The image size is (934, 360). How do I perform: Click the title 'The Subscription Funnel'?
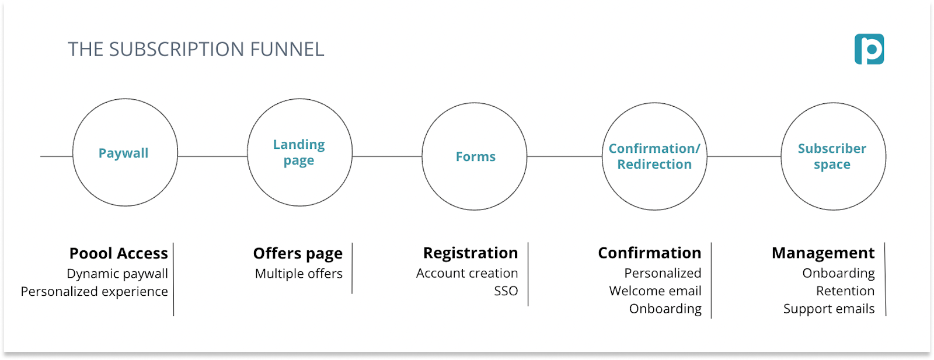[196, 50]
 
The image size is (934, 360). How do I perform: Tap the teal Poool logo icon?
[869, 49]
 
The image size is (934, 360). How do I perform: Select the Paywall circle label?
[123, 153]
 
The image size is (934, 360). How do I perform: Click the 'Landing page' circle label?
[299, 152]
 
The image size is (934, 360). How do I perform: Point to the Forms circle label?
[475, 156]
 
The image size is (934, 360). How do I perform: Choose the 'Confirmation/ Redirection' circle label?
[654, 156]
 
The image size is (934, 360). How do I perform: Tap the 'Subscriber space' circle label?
[832, 156]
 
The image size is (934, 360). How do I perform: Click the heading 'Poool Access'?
[119, 253]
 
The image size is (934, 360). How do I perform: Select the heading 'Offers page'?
[298, 253]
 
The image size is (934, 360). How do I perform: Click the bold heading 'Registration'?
[470, 253]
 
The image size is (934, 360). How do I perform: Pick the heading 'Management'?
[823, 253]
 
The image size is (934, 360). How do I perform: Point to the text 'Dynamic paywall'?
[117, 274]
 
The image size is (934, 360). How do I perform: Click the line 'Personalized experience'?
[95, 291]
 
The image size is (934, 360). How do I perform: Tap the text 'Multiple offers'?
[299, 274]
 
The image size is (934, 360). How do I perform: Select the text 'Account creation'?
[467, 273]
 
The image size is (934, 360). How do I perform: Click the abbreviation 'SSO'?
[506, 291]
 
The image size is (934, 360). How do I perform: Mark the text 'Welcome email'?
[655, 291]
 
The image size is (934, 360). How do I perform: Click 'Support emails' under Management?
[829, 309]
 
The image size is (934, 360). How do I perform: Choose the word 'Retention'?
[845, 291]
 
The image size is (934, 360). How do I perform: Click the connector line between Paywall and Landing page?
[212, 156]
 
